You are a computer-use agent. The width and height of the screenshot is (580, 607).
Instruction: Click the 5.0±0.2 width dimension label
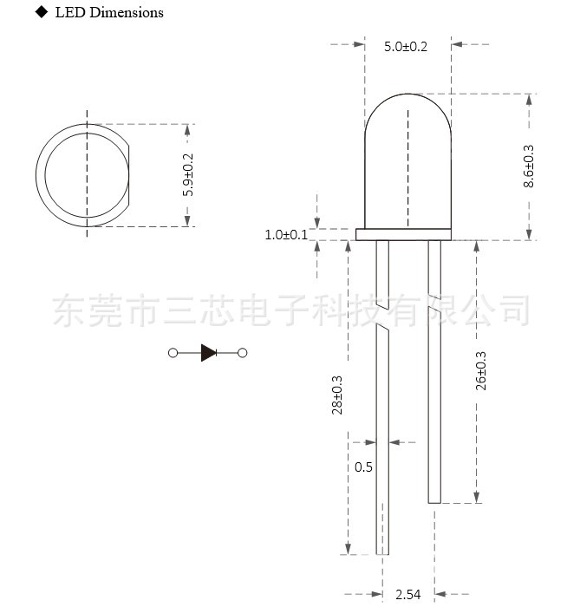406,46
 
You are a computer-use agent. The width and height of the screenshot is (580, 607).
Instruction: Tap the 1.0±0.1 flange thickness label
286,234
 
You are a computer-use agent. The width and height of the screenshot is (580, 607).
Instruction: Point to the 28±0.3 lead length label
337,395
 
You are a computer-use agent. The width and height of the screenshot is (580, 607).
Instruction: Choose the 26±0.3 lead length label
482,369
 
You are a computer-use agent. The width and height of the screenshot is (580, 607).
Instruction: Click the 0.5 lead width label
363,467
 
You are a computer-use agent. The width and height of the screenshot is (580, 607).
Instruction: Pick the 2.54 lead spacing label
408,594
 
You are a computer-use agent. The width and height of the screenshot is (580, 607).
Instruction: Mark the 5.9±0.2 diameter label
188,174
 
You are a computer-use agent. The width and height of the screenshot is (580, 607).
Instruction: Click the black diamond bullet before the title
42,12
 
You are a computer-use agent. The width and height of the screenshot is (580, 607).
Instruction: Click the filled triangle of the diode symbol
208,352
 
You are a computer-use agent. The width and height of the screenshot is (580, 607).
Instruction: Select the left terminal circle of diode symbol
173,352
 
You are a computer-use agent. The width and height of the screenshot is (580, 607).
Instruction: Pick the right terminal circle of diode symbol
243,352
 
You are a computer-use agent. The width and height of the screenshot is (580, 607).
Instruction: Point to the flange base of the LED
404,234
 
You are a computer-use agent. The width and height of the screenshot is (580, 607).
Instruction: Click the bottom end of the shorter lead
434,500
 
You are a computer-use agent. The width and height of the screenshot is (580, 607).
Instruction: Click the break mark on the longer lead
382,327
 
